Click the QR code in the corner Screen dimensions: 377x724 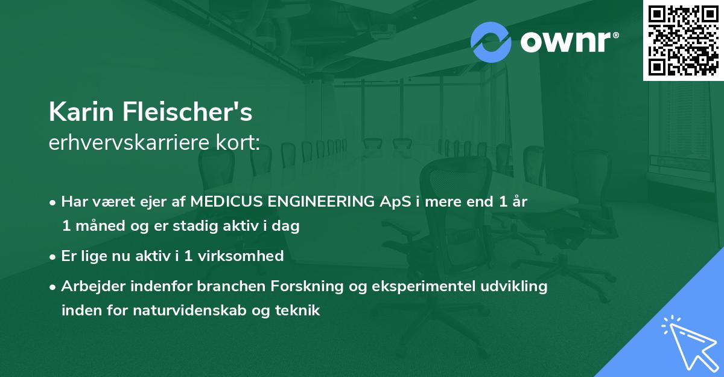coord(684,40)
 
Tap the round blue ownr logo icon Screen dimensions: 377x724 coord(491,42)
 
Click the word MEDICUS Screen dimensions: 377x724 coord(226,202)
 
